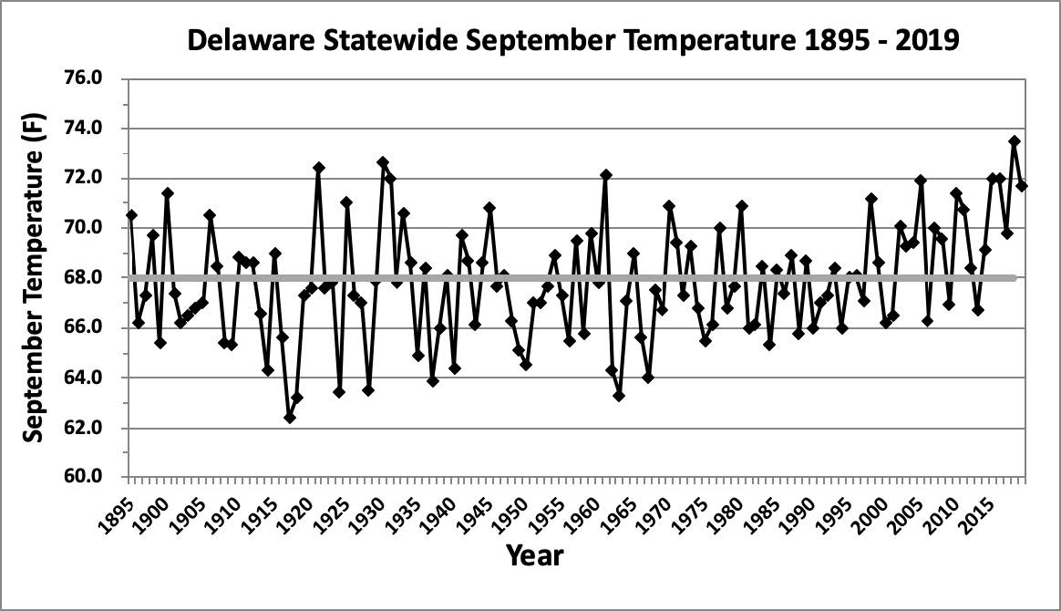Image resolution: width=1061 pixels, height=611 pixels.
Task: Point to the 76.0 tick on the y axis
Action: (x=91, y=78)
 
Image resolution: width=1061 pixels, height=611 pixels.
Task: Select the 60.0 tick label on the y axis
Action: (x=91, y=477)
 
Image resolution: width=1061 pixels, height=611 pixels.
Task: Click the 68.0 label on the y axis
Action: (x=91, y=277)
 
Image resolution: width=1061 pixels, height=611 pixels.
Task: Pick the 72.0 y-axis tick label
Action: (x=91, y=178)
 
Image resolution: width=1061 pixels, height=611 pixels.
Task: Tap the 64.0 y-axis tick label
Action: (x=91, y=378)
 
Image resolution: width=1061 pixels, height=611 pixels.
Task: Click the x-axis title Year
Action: (x=534, y=554)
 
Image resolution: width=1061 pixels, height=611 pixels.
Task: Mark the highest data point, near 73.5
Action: (x=1015, y=141)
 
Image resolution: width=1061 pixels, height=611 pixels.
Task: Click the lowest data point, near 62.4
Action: (x=290, y=418)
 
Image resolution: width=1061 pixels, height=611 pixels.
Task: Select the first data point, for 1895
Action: (x=132, y=215)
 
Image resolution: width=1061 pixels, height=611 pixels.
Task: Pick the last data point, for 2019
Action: (x=1022, y=186)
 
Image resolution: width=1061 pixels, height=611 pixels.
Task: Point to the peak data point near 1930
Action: (x=383, y=162)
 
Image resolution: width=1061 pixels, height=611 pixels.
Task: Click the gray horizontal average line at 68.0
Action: (x=547, y=277)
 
